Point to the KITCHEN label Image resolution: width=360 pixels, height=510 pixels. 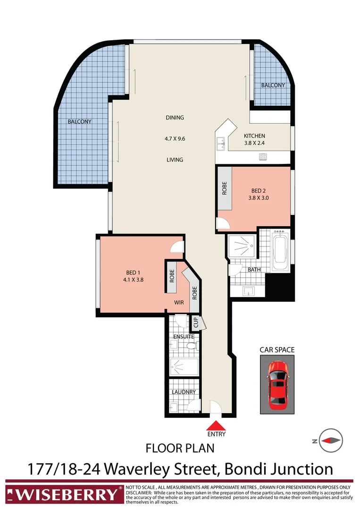(x=254, y=136)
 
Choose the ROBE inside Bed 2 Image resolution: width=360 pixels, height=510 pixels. (x=225, y=189)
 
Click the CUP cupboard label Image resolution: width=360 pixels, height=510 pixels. (x=195, y=323)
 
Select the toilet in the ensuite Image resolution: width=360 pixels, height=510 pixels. (x=191, y=347)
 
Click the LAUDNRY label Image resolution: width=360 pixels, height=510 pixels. (x=184, y=392)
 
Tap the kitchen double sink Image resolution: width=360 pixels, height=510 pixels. (x=220, y=142)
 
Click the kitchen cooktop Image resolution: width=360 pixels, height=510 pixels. (x=262, y=157)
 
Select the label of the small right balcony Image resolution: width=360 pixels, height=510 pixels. (x=273, y=85)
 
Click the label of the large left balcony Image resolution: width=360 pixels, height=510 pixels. (x=79, y=121)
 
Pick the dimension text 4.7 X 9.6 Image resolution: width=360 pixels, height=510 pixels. (x=175, y=139)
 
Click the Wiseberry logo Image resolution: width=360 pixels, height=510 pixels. (x=63, y=494)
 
